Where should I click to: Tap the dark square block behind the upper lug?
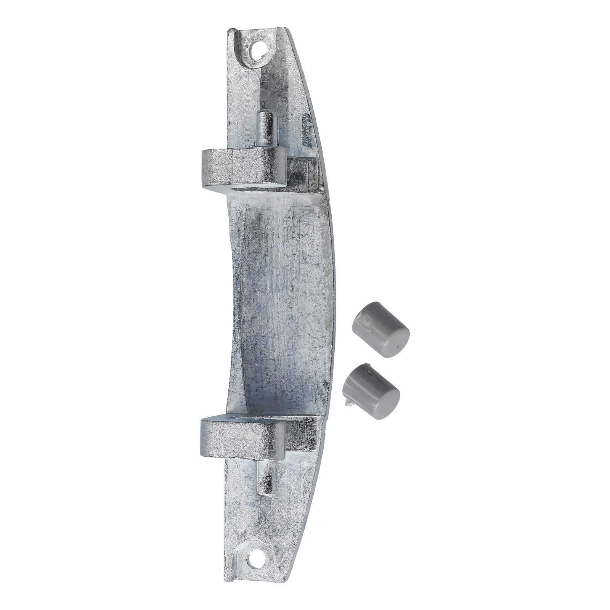(301, 172)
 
